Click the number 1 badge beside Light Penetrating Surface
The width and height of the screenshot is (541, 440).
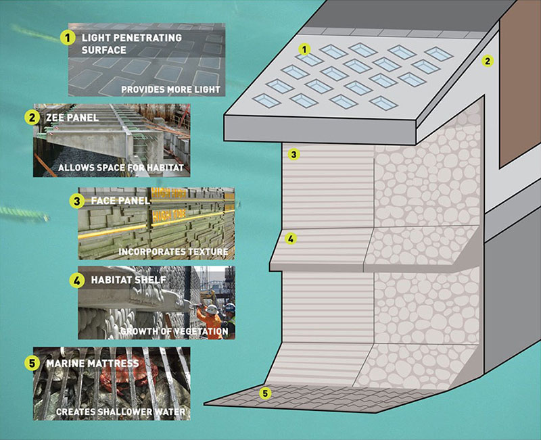[x=68, y=39]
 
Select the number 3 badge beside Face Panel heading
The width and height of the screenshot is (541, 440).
[x=77, y=201]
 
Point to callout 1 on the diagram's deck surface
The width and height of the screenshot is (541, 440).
[x=305, y=49]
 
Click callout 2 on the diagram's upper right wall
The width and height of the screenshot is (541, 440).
[x=486, y=61]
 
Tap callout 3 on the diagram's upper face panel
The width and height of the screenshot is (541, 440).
[x=293, y=155]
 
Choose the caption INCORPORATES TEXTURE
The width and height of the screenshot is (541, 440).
[x=172, y=252]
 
